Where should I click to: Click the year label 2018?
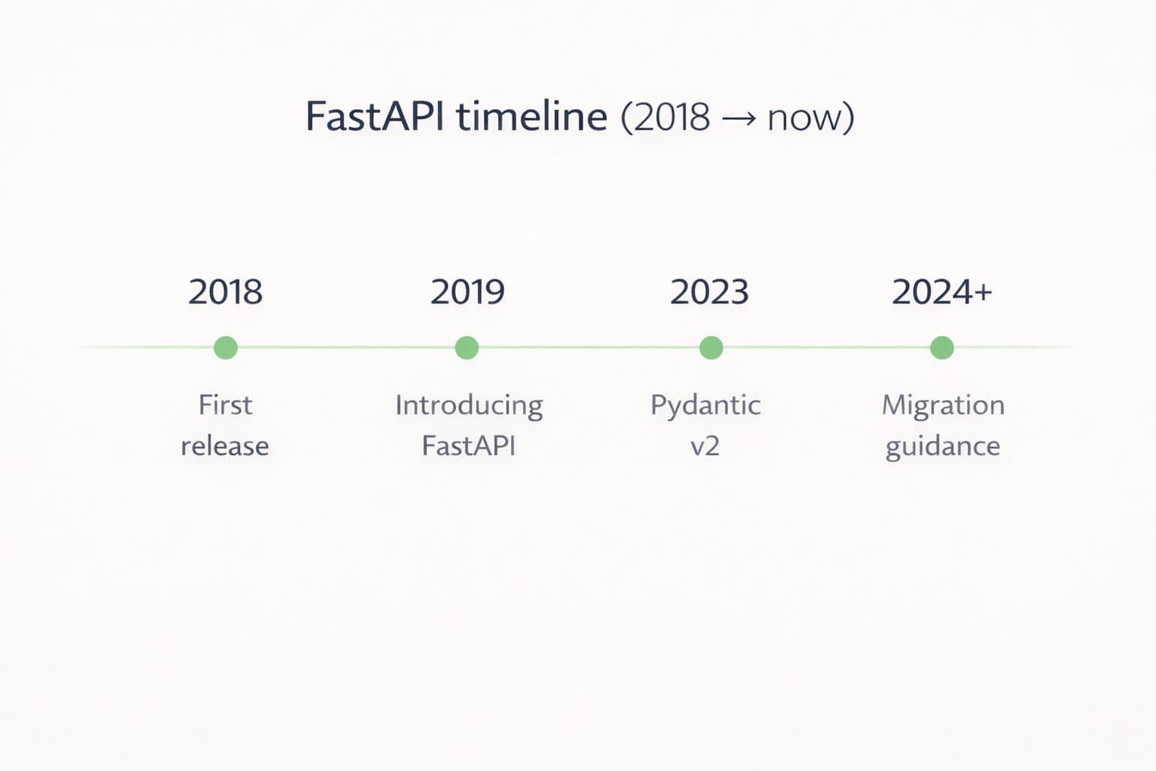coord(225,292)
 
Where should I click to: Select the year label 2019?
coord(467,292)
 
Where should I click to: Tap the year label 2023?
coord(709,292)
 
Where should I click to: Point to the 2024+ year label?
coord(942,292)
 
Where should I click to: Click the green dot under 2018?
coord(226,348)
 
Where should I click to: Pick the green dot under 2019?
coord(467,348)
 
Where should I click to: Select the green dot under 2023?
coord(711,348)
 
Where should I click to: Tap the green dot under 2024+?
coord(942,348)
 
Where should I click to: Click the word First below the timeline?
coord(225,405)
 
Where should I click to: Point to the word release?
coord(225,446)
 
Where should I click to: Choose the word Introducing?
coord(469,406)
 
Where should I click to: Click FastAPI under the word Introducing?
coord(469,446)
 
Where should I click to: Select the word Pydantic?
coord(705,406)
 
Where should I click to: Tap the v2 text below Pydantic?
coord(705,446)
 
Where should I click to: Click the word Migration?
coord(943,406)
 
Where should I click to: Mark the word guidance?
coord(943,446)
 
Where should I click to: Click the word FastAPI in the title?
coord(374,117)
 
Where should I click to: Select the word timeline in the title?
coord(531,117)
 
